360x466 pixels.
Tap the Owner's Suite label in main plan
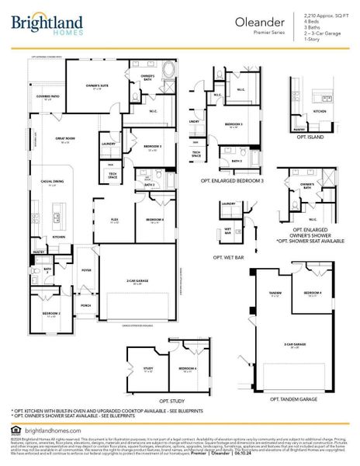click(x=95, y=88)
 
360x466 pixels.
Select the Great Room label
click(x=64, y=141)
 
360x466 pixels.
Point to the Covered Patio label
click(x=48, y=98)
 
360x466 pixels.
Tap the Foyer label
click(x=86, y=270)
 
